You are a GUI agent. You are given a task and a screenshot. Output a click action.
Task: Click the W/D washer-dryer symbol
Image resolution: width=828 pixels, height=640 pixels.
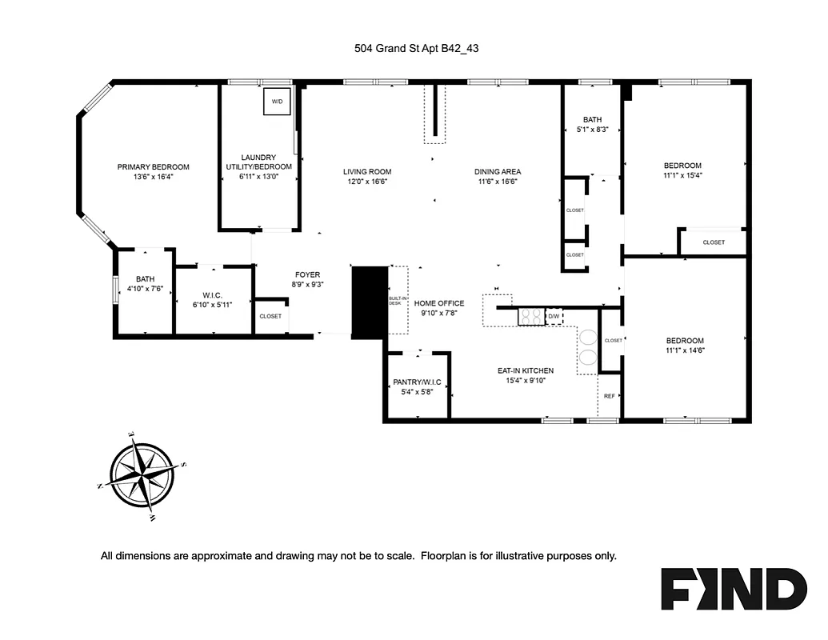click(278, 102)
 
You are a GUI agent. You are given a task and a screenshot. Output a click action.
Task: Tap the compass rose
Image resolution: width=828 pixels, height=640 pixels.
click(142, 476)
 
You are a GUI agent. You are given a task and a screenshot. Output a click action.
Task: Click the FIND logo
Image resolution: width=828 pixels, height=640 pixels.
click(733, 590)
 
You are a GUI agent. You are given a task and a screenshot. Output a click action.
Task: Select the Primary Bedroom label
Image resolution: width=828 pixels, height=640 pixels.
click(154, 166)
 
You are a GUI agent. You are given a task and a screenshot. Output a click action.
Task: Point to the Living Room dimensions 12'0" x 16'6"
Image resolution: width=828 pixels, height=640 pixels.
click(367, 182)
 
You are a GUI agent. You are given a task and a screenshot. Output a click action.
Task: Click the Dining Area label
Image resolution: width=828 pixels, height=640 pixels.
click(498, 171)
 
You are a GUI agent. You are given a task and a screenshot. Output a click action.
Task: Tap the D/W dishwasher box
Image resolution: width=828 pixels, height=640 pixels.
click(554, 317)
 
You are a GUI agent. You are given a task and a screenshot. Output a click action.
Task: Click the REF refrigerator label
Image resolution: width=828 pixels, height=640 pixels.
click(610, 396)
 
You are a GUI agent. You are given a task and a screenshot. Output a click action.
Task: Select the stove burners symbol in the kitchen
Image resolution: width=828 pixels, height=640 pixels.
click(530, 317)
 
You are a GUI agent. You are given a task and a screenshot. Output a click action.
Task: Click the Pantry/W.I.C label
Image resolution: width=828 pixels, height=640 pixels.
click(417, 382)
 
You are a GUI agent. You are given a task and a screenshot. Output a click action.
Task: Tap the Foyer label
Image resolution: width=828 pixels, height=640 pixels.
click(307, 274)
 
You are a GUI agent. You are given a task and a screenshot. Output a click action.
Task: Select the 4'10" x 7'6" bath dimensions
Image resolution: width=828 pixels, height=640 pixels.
click(144, 289)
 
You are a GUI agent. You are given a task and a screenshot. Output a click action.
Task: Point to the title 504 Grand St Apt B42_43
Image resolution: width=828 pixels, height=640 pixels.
click(417, 48)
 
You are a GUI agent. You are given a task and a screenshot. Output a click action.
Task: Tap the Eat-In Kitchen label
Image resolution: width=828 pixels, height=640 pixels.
click(526, 370)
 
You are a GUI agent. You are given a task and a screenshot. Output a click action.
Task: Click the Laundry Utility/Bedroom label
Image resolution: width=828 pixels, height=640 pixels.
click(258, 162)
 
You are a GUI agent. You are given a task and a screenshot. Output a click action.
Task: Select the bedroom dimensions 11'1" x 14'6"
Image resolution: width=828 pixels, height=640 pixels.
click(684, 350)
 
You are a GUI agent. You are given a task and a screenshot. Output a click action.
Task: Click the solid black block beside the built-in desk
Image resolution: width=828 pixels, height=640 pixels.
click(369, 302)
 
